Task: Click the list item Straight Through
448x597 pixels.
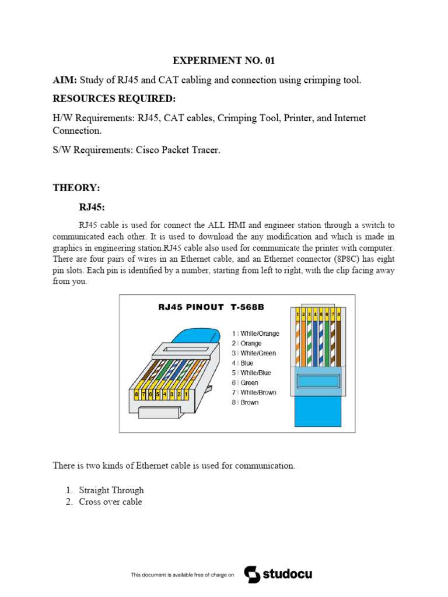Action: pos(111,490)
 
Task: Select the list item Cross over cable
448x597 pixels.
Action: pos(110,502)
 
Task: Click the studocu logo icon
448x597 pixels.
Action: pos(252,574)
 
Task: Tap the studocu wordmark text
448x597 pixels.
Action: pos(287,574)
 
